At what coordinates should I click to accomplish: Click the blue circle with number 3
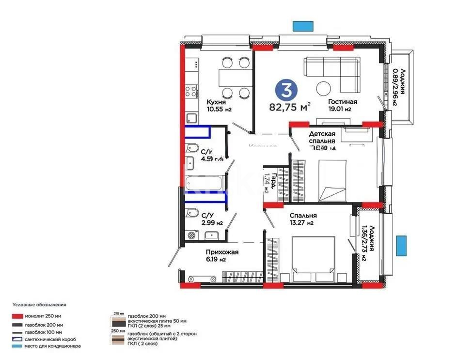pos(286,90)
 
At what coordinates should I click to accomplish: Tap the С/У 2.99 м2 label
pos(212,219)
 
